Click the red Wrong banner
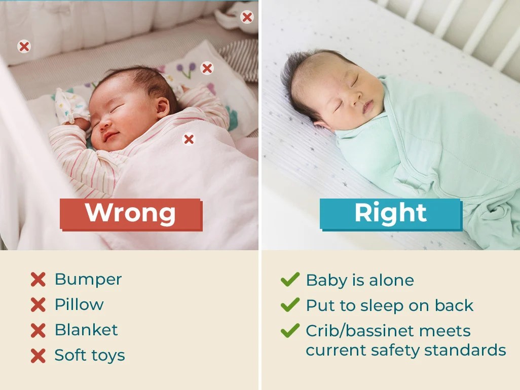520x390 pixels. click(130, 213)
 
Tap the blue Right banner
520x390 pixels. click(390, 213)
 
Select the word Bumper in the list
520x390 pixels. click(88, 279)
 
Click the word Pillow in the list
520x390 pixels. click(79, 304)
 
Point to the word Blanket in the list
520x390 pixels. click(86, 330)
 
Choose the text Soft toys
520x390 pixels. click(90, 355)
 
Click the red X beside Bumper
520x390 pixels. click(38, 280)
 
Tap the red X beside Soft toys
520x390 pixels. click(38, 356)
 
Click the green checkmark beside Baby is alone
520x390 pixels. click(290, 280)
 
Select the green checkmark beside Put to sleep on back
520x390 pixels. click(290, 305)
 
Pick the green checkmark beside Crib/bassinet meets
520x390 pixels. click(290, 331)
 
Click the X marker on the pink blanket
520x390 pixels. click(189, 139)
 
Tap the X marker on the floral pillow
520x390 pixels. click(207, 68)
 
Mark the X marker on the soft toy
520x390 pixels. click(247, 17)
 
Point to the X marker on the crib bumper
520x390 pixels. click(24, 47)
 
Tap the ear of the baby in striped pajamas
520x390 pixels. click(162, 107)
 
